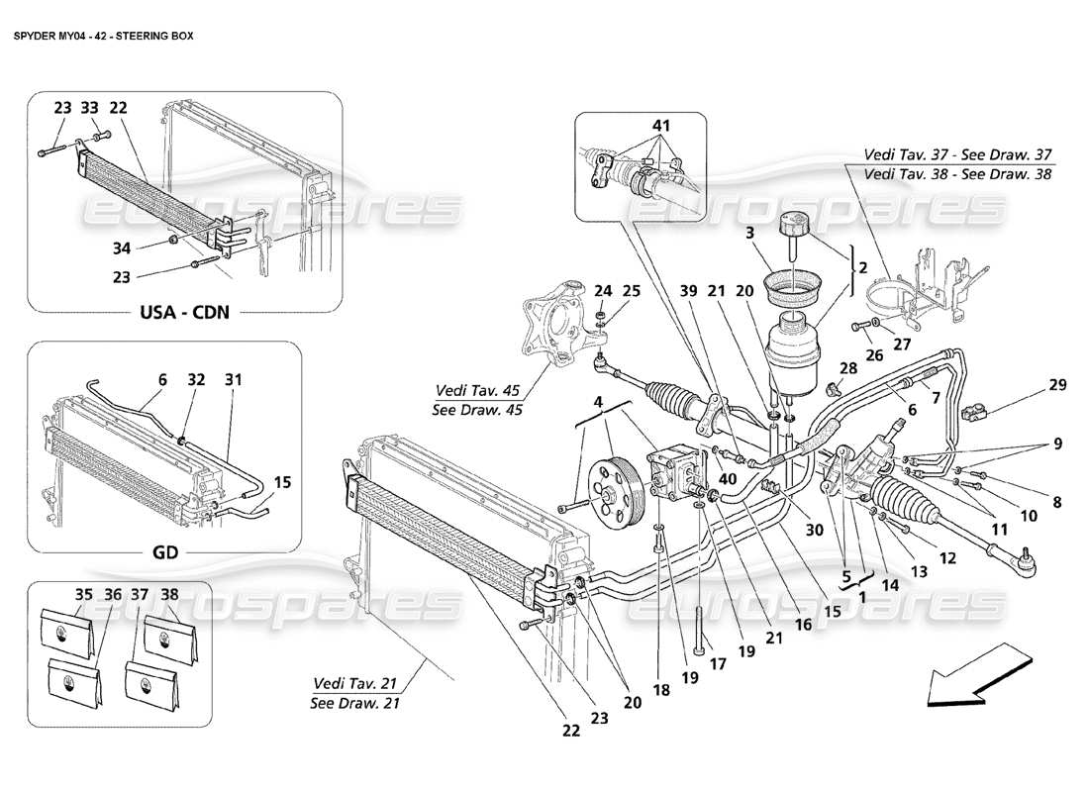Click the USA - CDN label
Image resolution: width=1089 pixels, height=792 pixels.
tap(182, 312)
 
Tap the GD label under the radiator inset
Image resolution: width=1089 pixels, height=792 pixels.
tap(164, 552)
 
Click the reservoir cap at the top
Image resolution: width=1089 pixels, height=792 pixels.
tap(795, 224)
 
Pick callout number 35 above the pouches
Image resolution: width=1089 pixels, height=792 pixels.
tap(57, 595)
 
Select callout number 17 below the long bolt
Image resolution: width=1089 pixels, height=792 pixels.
tap(719, 665)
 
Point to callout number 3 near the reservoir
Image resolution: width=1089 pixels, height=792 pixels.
tap(750, 232)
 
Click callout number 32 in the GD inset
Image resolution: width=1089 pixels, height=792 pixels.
tap(196, 379)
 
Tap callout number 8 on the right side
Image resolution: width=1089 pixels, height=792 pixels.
tap(1057, 502)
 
